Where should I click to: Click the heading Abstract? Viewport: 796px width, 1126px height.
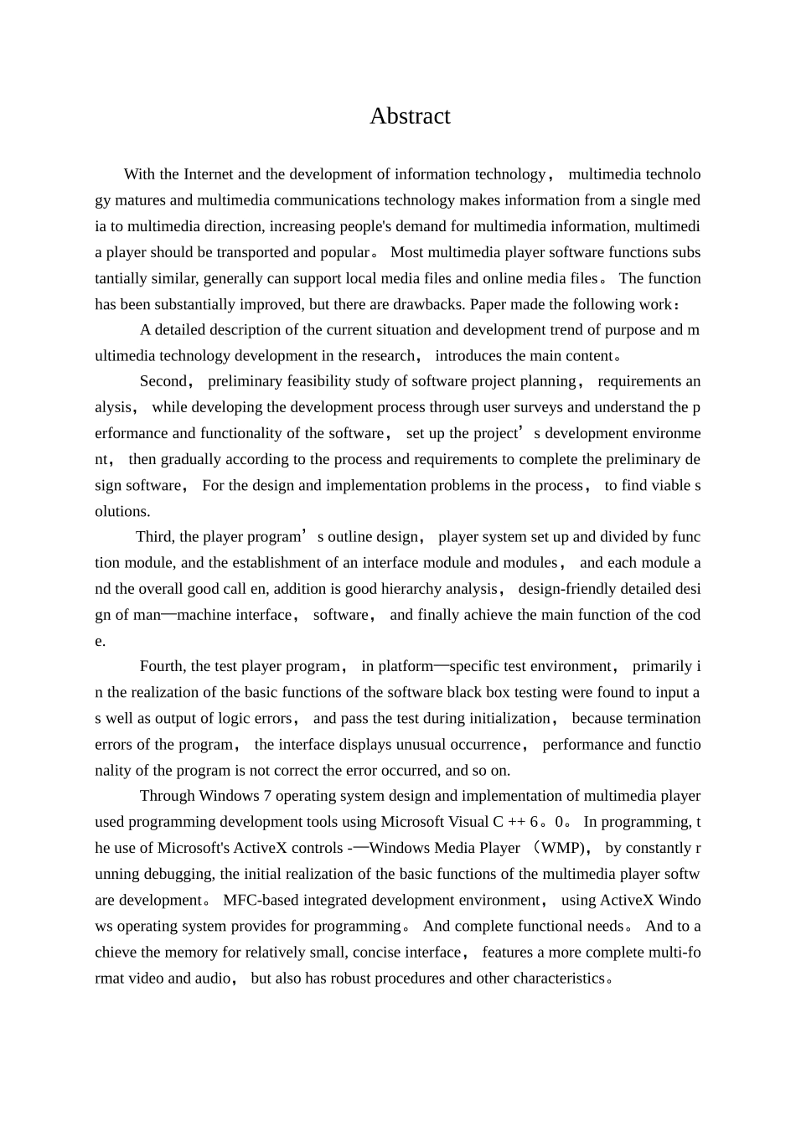pos(410,116)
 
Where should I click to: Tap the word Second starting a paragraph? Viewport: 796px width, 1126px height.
pos(163,381)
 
